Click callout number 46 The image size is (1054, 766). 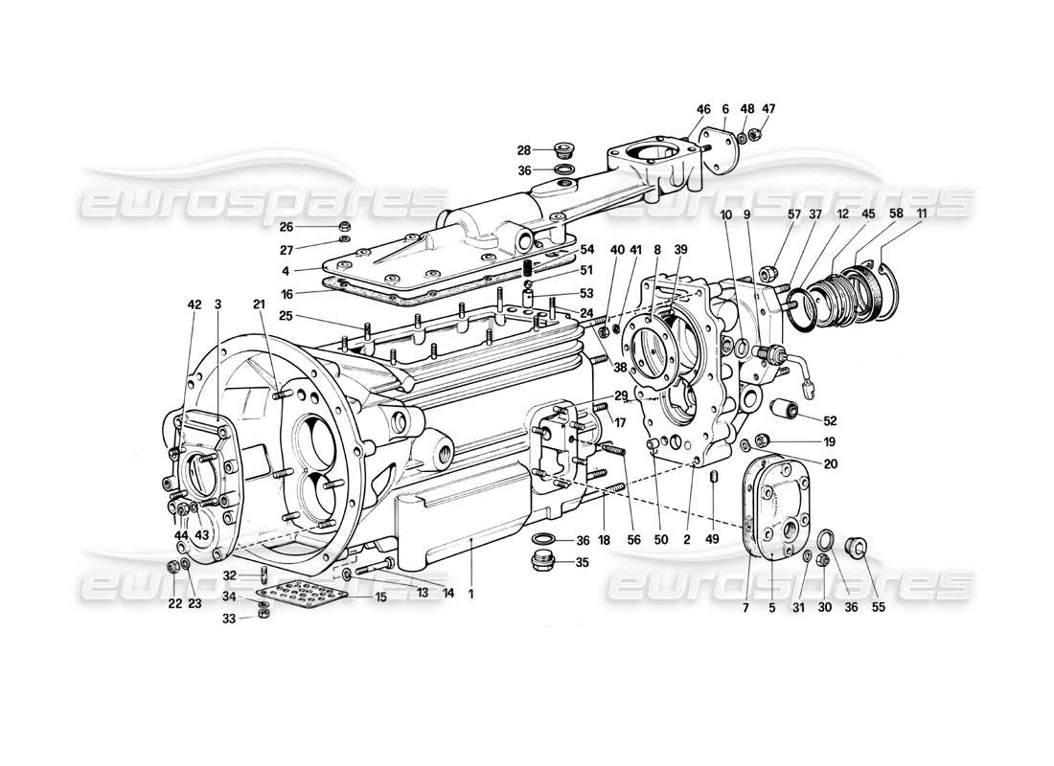[x=703, y=110]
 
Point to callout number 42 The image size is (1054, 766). [x=195, y=304]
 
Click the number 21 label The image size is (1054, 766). [x=259, y=304]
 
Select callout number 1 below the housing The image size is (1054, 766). [x=470, y=594]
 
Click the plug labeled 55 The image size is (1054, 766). [x=857, y=548]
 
